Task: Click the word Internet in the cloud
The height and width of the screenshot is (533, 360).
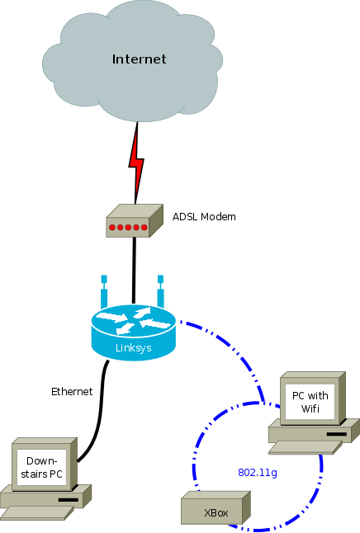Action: click(140, 59)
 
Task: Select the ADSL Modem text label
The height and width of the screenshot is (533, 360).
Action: click(204, 216)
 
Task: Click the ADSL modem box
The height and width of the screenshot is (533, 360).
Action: click(135, 220)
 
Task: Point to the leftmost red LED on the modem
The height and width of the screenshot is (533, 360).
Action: click(112, 227)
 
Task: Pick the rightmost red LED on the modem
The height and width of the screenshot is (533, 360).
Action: click(144, 227)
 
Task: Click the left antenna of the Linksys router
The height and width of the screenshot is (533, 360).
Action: click(104, 291)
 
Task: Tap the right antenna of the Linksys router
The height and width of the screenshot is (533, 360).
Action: click(161, 291)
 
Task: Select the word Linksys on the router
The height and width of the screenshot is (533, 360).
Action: click(134, 348)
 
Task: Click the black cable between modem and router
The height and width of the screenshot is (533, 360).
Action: click(134, 271)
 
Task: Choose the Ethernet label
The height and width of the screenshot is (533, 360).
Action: click(72, 392)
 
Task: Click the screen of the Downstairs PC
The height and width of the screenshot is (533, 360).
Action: click(41, 467)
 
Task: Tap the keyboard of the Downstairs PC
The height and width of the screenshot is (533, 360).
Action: click(37, 513)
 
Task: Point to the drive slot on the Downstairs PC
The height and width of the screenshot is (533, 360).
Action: click(69, 500)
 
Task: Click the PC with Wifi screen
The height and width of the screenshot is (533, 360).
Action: click(310, 402)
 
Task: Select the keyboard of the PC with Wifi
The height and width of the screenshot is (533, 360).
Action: click(306, 447)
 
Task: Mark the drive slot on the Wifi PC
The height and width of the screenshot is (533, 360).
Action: click(337, 434)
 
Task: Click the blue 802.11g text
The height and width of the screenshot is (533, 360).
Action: click(258, 473)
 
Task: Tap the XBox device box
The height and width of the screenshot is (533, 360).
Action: click(216, 507)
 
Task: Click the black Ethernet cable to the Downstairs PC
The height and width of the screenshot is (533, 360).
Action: click(101, 408)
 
